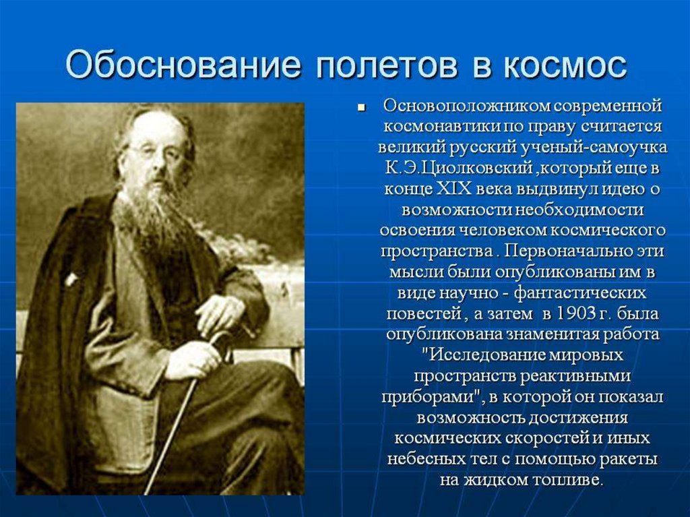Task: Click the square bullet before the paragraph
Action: tap(361, 107)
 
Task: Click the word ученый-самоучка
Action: tap(594, 148)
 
